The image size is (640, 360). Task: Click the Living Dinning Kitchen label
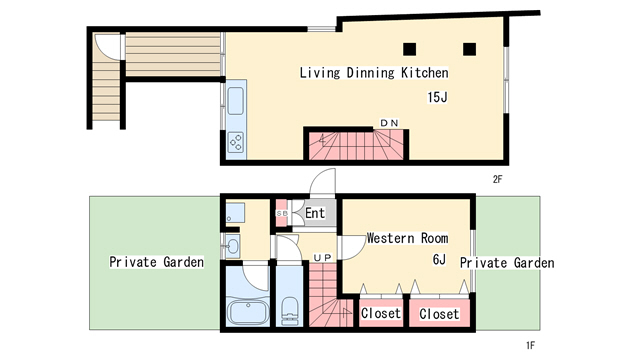tap(374, 73)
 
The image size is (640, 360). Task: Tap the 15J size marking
tap(437, 97)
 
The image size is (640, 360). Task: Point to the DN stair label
tap(389, 123)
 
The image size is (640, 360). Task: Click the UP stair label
tap(322, 258)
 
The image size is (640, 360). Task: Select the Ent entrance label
tap(315, 213)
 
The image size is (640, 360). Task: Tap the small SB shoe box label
tap(282, 213)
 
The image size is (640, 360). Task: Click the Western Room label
tap(407, 238)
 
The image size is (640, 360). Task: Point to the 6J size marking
tap(439, 259)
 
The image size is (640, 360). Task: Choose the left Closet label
tap(380, 313)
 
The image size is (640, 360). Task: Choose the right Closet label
tap(439, 314)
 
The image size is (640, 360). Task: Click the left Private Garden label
tap(156, 262)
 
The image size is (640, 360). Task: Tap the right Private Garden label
tap(507, 262)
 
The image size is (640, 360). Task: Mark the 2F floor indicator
tap(497, 179)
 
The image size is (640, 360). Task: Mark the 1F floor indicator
tap(530, 345)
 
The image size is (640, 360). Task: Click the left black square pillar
tap(409, 49)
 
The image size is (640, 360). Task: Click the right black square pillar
tap(469, 49)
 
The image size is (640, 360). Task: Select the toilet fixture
tap(290, 311)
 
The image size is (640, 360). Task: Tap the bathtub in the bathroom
tap(248, 312)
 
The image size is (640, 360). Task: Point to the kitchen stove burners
tap(236, 142)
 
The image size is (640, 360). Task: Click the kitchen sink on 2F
tap(236, 101)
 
